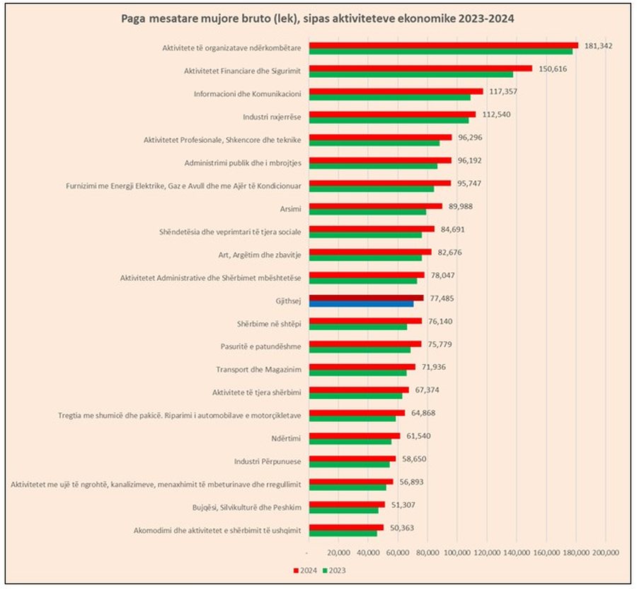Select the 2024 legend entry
304,569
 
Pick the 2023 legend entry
333,569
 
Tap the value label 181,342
598,45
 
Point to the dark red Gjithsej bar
366,298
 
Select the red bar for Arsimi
376,206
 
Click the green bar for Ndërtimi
350,442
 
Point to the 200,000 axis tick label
606,552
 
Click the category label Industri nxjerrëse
272,115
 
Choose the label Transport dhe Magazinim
258,368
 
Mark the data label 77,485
442,298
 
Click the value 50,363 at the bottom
401,527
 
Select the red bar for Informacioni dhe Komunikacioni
396,91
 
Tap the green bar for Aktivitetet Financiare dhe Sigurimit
411,74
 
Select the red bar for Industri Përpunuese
352,459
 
